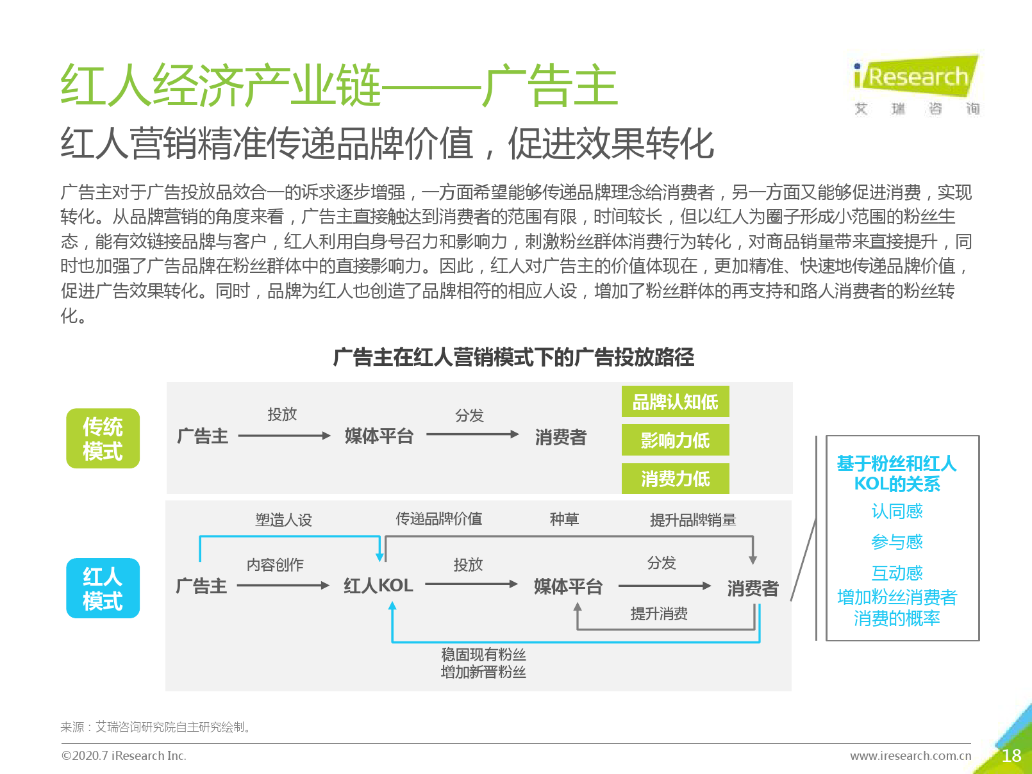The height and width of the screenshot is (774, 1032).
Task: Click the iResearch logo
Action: [916, 85]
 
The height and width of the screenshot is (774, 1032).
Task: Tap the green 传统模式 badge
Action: [103, 438]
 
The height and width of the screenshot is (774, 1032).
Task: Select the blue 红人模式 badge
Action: [103, 588]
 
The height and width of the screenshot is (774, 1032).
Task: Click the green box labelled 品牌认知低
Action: [675, 401]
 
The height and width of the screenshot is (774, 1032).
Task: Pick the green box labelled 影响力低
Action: [675, 440]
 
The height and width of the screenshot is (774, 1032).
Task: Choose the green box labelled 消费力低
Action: [675, 479]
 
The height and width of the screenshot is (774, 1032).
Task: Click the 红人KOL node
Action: [378, 586]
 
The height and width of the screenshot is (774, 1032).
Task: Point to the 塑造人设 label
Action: [284, 520]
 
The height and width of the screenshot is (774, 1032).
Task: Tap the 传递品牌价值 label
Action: [438, 519]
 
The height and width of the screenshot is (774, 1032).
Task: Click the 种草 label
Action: [564, 519]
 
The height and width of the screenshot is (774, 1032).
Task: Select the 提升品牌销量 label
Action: [693, 520]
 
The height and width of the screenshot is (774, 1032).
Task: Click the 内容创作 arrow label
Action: [275, 564]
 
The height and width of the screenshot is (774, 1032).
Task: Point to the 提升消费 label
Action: [659, 613]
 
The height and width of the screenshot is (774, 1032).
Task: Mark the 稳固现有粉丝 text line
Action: [483, 654]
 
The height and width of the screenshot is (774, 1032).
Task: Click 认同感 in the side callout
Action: [897, 511]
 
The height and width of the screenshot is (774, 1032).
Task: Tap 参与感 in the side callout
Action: [897, 542]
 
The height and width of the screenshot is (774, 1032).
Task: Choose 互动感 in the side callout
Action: [897, 573]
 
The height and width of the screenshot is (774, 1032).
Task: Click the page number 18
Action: [1011, 755]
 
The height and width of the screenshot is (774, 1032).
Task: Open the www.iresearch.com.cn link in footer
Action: [911, 755]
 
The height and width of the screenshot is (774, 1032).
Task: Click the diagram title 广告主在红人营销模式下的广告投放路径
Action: [513, 357]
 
